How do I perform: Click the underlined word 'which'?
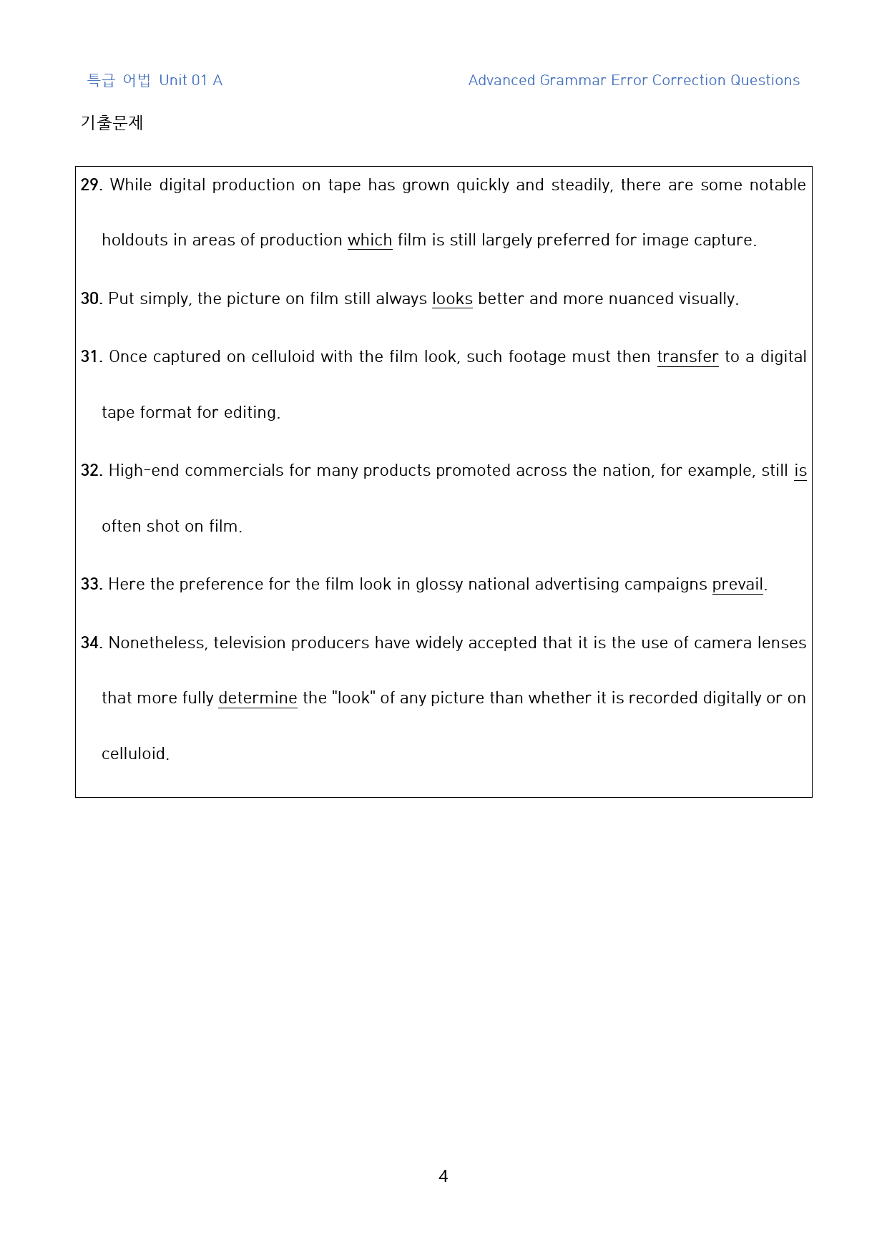[370, 240]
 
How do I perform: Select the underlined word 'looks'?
[452, 298]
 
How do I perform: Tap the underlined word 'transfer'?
[687, 357]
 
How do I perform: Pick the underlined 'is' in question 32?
[800, 471]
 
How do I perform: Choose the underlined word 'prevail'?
[737, 585]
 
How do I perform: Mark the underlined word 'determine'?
[258, 698]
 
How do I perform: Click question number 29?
[91, 185]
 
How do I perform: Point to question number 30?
[91, 298]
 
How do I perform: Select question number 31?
[91, 357]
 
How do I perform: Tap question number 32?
[91, 471]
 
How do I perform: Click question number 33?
[91, 585]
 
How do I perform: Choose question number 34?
[91, 643]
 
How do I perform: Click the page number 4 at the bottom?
[443, 1176]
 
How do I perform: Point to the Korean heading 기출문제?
[112, 123]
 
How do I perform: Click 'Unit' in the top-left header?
[173, 80]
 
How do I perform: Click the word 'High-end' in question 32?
[144, 471]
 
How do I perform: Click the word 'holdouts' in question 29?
[134, 240]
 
